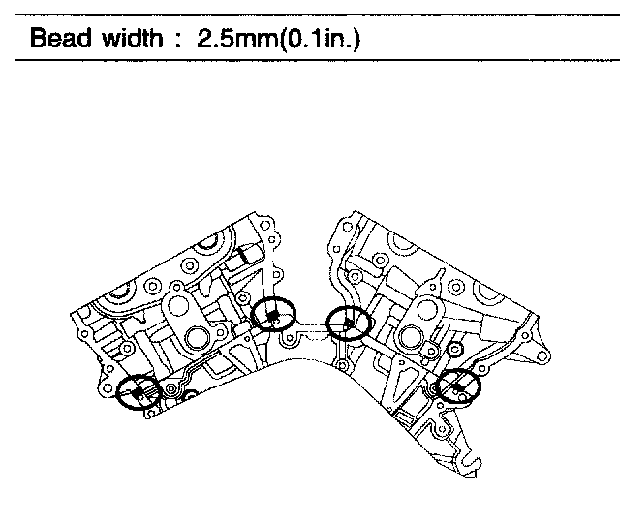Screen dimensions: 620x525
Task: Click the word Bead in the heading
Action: (60, 39)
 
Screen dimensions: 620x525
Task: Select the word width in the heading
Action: (133, 39)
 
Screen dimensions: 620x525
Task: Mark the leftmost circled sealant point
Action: (139, 392)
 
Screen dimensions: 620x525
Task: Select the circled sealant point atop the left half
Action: (273, 314)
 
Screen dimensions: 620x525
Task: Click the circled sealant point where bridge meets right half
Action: (348, 324)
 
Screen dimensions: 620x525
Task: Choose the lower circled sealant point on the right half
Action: (458, 386)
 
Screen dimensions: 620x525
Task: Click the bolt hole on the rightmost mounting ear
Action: (543, 357)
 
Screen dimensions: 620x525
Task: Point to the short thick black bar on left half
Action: (243, 256)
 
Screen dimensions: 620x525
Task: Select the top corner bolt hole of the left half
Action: (264, 226)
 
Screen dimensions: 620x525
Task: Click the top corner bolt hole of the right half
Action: (348, 227)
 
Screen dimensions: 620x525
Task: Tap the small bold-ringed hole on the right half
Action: (455, 349)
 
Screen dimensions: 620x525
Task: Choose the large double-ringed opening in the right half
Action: (412, 337)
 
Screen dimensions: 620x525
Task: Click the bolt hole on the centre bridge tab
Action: (290, 338)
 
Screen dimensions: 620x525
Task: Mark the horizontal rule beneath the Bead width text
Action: (318, 60)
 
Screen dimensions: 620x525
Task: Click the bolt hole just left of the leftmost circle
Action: (107, 387)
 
